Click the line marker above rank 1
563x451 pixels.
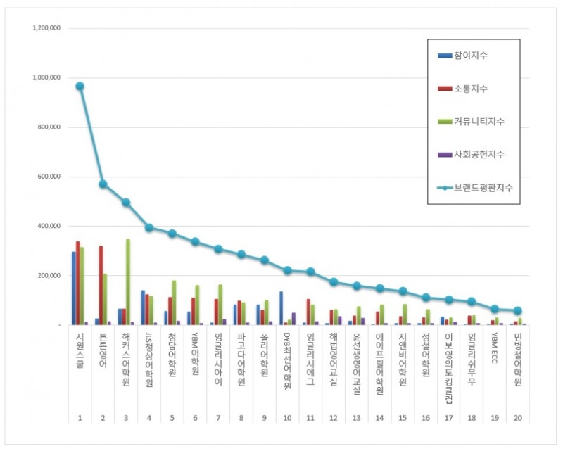80,86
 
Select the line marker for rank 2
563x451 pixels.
103,184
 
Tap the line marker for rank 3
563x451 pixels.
126,202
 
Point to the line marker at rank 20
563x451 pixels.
517,310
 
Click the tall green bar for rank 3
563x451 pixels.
127,281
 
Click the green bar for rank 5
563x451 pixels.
173,303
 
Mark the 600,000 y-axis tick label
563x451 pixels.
49,177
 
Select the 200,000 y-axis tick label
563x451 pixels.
49,276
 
